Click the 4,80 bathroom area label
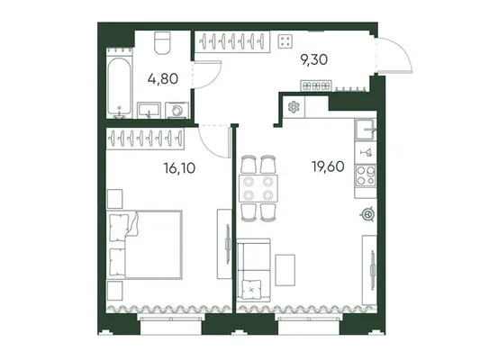tap(162, 79)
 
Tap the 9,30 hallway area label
tap(314, 59)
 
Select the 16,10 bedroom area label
tap(179, 168)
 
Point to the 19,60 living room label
tap(328, 166)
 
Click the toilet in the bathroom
tap(162, 43)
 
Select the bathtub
tap(120, 86)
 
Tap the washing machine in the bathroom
tap(177, 111)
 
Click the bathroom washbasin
tap(149, 110)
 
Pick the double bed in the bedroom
tap(144, 245)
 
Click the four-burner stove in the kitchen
tap(366, 175)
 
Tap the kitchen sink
tap(366, 129)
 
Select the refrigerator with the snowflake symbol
tap(294, 107)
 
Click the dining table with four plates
tap(258, 188)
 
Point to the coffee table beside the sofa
tap(285, 270)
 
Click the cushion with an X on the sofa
tap(251, 289)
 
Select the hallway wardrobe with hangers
tap(232, 41)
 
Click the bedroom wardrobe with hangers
tap(145, 139)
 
